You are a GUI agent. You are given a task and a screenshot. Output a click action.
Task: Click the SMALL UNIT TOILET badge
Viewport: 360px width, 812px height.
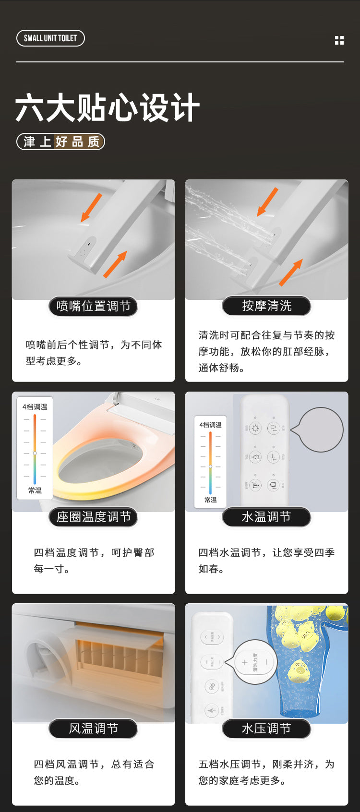pos(50,38)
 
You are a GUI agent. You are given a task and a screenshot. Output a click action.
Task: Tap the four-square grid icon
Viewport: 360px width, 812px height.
pos(339,40)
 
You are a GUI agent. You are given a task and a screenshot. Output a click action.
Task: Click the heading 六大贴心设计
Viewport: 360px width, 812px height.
pos(108,108)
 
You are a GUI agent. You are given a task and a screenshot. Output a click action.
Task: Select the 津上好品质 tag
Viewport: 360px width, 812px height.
pos(61,142)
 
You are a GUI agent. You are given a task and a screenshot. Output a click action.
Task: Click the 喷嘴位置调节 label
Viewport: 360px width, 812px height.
pos(93,306)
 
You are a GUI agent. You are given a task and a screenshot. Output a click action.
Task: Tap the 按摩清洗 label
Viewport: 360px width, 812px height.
pos(266,306)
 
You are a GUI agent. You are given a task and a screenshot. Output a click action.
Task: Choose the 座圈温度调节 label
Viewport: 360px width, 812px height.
pos(93,517)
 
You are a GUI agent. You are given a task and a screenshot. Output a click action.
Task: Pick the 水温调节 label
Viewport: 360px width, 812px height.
pos(266,517)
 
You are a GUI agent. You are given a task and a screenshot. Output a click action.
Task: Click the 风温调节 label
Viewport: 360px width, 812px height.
pos(93,728)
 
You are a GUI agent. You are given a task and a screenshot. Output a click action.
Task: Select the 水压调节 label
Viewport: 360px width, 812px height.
pos(266,728)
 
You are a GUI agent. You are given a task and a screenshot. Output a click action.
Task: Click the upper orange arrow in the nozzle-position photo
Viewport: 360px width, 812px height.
pos(92,207)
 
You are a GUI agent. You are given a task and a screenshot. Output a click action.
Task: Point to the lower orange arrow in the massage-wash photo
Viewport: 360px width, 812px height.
pos(290,272)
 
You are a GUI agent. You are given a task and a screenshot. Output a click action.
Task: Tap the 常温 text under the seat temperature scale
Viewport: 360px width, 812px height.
pos(35,490)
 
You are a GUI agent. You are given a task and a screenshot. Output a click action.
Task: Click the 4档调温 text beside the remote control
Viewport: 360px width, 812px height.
pos(211,425)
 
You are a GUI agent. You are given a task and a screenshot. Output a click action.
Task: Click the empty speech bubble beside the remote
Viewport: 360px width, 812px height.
pos(319,430)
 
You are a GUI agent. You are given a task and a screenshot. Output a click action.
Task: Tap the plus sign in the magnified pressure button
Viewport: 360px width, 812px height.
pos(244,662)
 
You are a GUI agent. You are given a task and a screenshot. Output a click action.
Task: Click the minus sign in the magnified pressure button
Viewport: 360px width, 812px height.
pos(267,662)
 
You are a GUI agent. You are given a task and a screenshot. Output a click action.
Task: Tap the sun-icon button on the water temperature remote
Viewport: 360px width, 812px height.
pos(255,428)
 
